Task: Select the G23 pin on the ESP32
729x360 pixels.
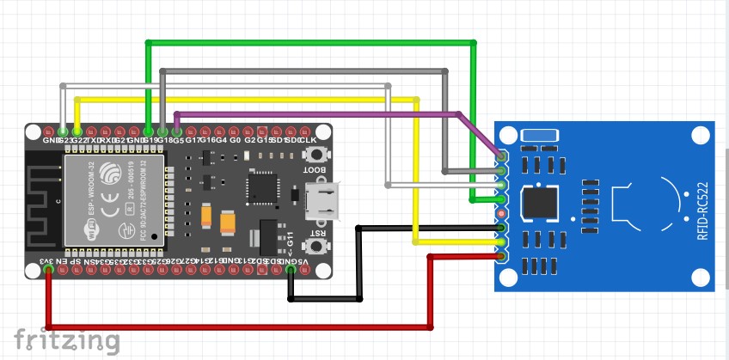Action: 64,130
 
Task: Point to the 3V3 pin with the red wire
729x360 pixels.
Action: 49,270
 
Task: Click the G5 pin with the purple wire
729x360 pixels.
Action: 176,130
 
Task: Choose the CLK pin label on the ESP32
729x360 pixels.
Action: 308,139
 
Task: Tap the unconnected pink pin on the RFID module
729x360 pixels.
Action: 502,212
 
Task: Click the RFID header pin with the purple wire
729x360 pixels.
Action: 502,156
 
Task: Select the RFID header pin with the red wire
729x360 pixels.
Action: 502,256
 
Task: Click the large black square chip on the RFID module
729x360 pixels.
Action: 542,204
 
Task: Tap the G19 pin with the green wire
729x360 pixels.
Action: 149,130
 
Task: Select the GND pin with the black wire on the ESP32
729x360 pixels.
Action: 291,270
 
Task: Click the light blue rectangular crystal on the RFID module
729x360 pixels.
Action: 540,136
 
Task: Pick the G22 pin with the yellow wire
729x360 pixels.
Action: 77,130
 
